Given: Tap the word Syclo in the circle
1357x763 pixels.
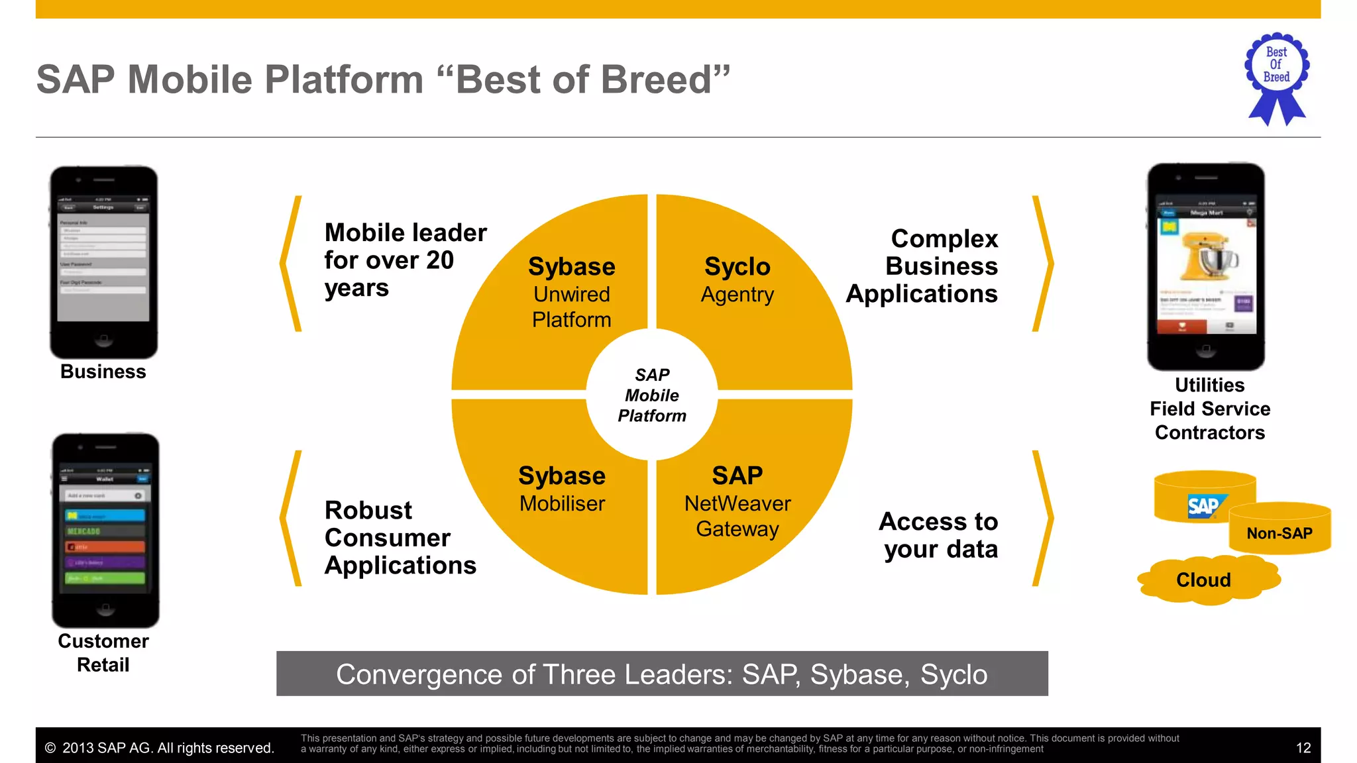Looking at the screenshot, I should (737, 267).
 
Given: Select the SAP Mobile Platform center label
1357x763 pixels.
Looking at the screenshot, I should (652, 395).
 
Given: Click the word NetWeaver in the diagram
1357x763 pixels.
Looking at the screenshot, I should (737, 504).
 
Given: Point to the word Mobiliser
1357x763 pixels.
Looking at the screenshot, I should (562, 504).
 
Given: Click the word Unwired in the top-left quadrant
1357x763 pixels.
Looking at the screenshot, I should (571, 295).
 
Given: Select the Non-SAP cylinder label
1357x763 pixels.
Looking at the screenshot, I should (1279, 534).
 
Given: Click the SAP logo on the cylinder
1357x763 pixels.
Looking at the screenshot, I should (1203, 507).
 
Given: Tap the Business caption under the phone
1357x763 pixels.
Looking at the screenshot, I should (103, 372).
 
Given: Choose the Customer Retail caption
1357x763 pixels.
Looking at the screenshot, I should (103, 652).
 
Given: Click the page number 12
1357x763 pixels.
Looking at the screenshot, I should (1303, 748).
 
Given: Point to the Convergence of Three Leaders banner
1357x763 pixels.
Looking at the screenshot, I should (661, 674).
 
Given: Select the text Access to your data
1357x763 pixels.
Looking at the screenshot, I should (939, 535).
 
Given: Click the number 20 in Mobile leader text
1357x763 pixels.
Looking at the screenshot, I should (439, 260).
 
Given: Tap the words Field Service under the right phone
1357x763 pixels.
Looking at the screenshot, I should (1209, 409).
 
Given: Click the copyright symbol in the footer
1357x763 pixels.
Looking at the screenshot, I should (50, 748).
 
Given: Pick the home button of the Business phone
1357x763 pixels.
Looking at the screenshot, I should (103, 340).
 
